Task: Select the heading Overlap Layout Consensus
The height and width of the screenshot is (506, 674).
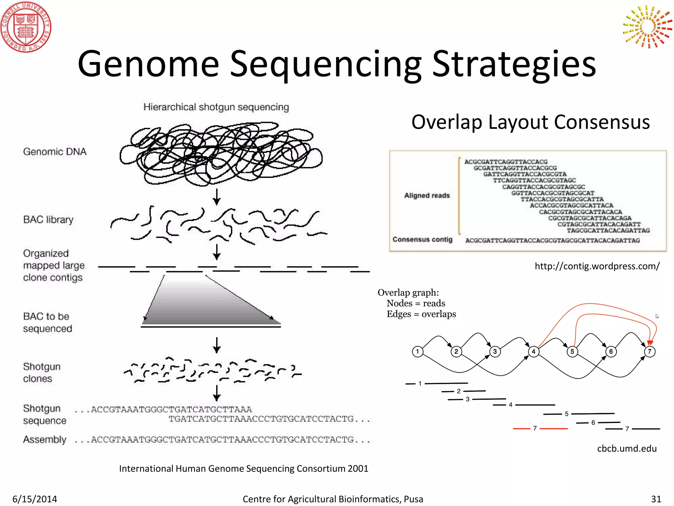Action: [x=531, y=122]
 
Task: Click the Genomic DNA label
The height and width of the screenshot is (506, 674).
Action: [x=55, y=152]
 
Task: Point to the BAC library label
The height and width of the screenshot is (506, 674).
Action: [x=48, y=220]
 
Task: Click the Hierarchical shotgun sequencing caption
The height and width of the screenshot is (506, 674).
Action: [x=216, y=107]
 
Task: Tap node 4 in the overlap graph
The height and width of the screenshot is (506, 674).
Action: [x=533, y=351]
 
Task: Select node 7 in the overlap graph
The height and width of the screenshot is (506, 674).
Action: [x=650, y=351]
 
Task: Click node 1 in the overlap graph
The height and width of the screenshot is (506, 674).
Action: [x=417, y=351]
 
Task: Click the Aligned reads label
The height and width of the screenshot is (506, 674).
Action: [x=427, y=196]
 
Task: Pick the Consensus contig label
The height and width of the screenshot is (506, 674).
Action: [x=422, y=239]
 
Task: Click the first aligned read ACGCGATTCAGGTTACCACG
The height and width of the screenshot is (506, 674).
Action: [x=506, y=162]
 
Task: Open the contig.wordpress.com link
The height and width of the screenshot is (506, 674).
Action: [x=597, y=266]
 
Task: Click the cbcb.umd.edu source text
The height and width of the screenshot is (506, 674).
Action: [x=627, y=449]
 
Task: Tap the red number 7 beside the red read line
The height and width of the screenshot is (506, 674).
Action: [x=535, y=428]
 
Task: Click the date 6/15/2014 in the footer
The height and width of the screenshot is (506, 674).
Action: [x=35, y=499]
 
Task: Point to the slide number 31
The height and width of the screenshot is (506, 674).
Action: [x=656, y=499]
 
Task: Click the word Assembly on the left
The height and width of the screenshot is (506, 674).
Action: [x=44, y=439]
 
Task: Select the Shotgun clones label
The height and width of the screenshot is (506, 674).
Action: [x=41, y=373]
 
